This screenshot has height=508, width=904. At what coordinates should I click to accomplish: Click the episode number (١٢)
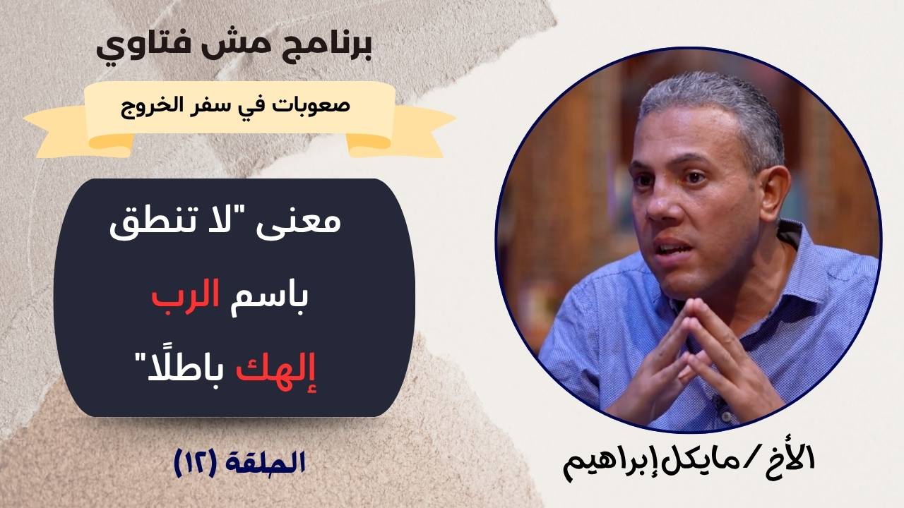point(194,464)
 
